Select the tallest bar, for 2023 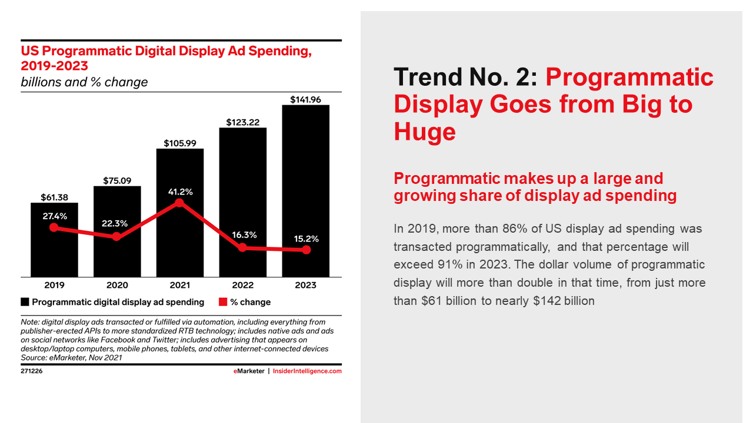[305, 176]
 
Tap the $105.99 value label [180, 143]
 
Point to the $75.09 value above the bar [117, 180]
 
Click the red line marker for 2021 [179, 203]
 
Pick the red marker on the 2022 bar [242, 248]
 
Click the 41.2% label [180, 192]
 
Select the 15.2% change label [305, 239]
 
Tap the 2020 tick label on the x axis [117, 286]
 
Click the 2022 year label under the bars [242, 286]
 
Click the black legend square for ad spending [25, 302]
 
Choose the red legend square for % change [223, 302]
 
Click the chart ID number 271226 [32, 371]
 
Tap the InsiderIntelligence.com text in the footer [307, 371]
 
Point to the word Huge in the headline [424, 132]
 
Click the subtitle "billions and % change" [84, 82]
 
